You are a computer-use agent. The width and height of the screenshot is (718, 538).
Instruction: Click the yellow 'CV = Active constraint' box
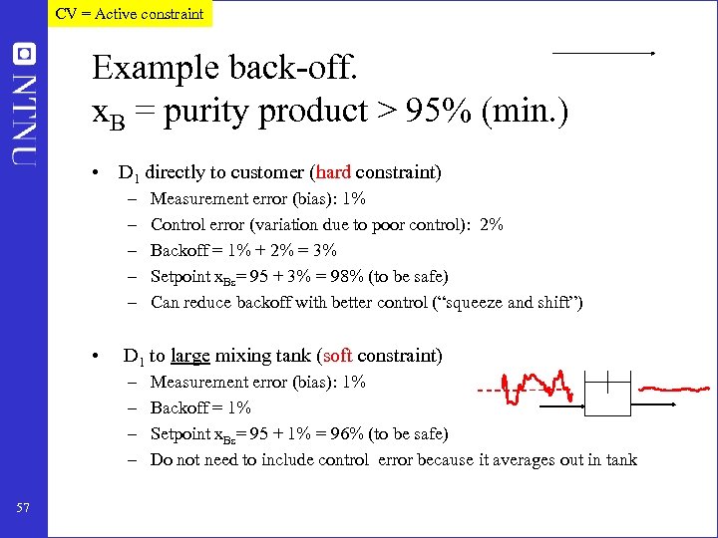pos(129,14)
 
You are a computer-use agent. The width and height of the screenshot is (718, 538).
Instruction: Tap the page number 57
pos(24,509)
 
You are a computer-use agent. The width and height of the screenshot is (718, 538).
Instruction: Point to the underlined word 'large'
pos(190,356)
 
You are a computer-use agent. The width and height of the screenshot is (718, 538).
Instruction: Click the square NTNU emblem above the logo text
pos(24,54)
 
